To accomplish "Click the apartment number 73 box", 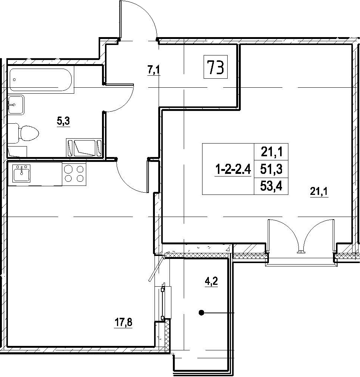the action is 215,67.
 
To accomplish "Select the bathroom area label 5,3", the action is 63,121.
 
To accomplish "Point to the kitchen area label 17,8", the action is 123,322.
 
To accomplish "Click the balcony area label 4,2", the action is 211,281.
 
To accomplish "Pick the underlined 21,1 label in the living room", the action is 319,192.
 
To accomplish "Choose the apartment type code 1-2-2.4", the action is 233,170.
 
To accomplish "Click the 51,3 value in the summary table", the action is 271,169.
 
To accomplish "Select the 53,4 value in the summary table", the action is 271,186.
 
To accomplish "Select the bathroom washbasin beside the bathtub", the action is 16,105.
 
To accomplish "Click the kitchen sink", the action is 22,174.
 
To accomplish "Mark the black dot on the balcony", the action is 201,313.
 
